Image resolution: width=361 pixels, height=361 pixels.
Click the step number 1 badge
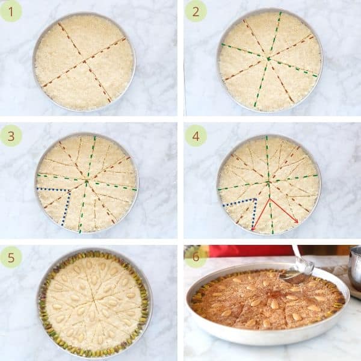11,11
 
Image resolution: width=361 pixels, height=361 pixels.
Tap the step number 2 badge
196,11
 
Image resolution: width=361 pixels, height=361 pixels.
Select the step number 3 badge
11,136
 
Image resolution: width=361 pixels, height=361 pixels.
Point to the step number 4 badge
196,136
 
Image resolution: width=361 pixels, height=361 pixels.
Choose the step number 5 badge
11,258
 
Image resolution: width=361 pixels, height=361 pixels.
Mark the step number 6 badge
196,256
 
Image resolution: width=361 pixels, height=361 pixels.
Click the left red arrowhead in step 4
253,229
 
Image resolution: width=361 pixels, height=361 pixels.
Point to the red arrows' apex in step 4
270,199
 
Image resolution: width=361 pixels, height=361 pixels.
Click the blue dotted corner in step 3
69,191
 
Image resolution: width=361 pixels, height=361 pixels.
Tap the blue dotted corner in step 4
255,199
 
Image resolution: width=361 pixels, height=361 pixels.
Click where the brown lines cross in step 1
84,62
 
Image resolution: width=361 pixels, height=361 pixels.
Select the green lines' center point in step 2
268,59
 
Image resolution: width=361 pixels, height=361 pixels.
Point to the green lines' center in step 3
87,182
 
